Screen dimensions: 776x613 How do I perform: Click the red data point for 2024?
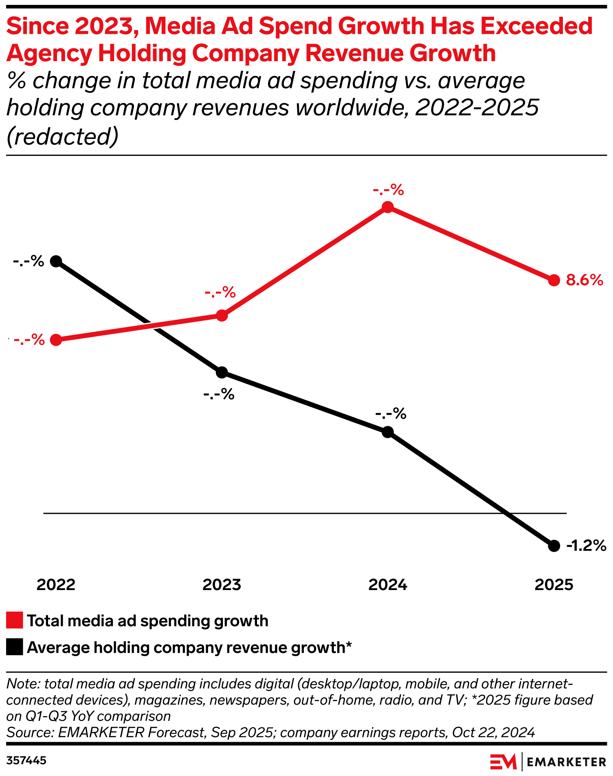pyautogui.click(x=388, y=207)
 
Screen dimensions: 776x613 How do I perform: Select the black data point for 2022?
pyautogui.click(x=56, y=261)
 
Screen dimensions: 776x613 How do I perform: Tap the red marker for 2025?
pyautogui.click(x=554, y=280)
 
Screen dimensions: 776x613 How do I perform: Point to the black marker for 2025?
pyautogui.click(x=554, y=546)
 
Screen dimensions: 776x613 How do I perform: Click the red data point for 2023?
pyautogui.click(x=222, y=315)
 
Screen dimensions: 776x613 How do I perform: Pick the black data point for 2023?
pyautogui.click(x=222, y=372)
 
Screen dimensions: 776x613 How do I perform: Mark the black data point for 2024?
pyautogui.click(x=388, y=432)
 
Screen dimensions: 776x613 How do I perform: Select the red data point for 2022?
pyautogui.click(x=56, y=340)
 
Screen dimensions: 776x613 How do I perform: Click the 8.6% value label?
pyautogui.click(x=584, y=280)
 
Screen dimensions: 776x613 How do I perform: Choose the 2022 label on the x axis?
pyautogui.click(x=56, y=585)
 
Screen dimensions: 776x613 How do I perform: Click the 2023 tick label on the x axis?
pyautogui.click(x=222, y=585)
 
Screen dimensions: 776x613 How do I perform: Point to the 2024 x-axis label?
pyautogui.click(x=388, y=585)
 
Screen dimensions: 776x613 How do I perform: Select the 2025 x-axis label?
pyautogui.click(x=554, y=585)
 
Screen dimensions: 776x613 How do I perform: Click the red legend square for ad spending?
pyautogui.click(x=15, y=620)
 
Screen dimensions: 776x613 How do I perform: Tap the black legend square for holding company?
pyautogui.click(x=15, y=647)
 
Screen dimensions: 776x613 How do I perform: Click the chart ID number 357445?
pyautogui.click(x=26, y=761)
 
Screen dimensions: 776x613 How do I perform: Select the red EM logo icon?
pyautogui.click(x=503, y=762)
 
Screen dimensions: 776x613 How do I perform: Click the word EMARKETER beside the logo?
pyautogui.click(x=567, y=762)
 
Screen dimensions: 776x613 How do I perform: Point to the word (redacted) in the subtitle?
pyautogui.click(x=62, y=137)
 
